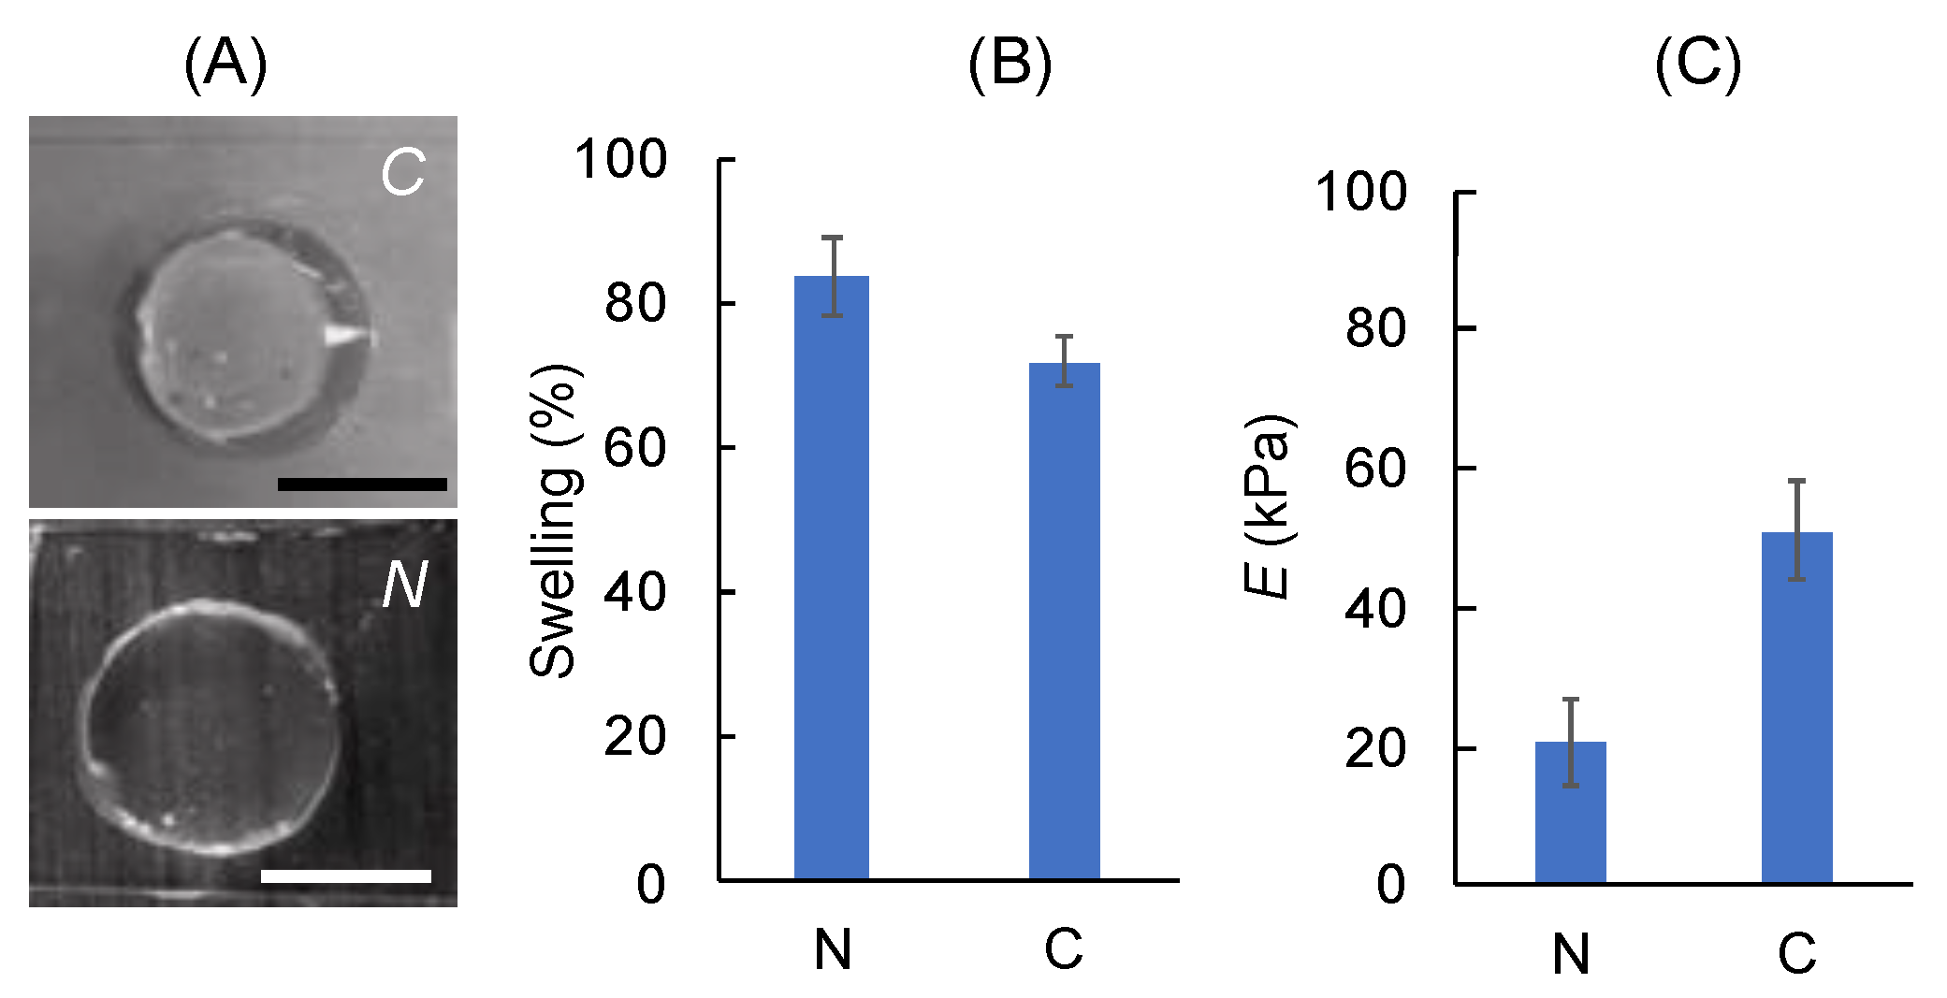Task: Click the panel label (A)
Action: pos(225,65)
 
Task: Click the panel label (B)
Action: pos(1010,65)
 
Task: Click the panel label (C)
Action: pos(1697,65)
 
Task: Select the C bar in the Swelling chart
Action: pos(1064,621)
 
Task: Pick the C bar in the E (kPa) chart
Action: pos(1796,707)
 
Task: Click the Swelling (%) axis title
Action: pos(554,520)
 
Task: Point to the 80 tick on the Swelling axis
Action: pos(726,303)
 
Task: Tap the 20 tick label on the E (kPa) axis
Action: pos(1374,749)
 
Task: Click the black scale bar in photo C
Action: pos(362,484)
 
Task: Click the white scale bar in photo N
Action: pos(345,875)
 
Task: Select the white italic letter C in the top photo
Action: pos(403,173)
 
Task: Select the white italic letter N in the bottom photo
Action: pos(404,586)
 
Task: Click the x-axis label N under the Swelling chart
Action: pos(832,949)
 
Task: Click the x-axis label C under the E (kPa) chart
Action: pos(1796,954)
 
